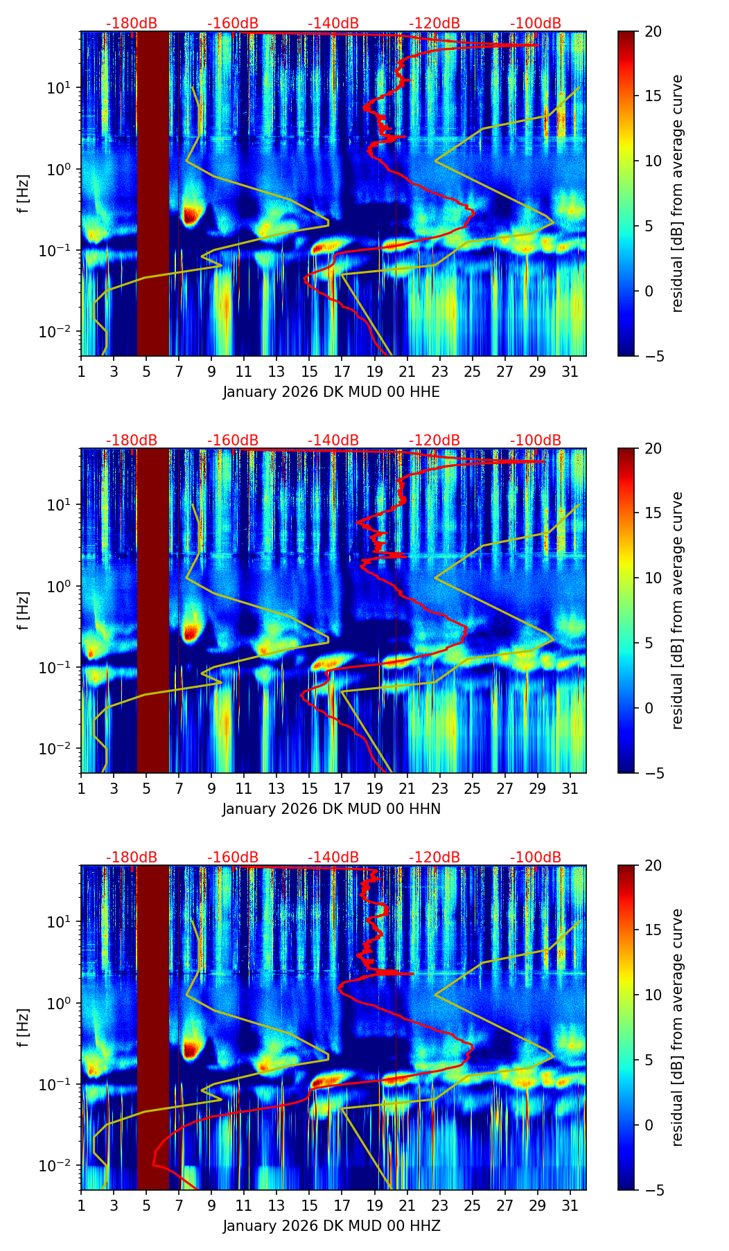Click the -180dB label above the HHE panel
pos(132,24)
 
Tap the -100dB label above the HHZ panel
pos(536,858)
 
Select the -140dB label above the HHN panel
pos(333,441)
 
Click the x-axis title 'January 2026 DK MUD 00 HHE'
pos(331,392)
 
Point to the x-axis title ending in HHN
pos(331,809)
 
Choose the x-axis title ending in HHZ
pos(331,1226)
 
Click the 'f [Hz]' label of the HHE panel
pos(24,194)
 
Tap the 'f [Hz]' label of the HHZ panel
pos(24,1028)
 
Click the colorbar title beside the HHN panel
pos(678,610)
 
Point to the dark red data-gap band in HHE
pos(152,194)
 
